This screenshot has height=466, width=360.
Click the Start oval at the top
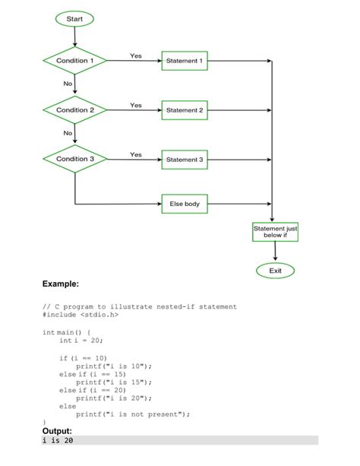(x=74, y=18)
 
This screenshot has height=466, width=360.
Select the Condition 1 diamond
(x=75, y=60)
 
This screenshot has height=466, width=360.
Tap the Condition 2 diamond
(x=75, y=110)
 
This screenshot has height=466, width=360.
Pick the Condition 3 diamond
(x=75, y=160)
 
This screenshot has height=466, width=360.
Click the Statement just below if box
(x=274, y=232)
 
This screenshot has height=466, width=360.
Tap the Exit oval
(x=274, y=270)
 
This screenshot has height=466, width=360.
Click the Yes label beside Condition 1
(x=136, y=55)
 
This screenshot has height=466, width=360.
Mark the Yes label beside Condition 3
(x=136, y=155)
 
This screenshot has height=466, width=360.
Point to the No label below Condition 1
(x=68, y=83)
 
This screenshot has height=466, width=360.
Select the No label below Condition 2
(x=68, y=133)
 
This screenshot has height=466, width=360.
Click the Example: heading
(x=61, y=284)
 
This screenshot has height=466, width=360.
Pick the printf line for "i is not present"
(x=132, y=414)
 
